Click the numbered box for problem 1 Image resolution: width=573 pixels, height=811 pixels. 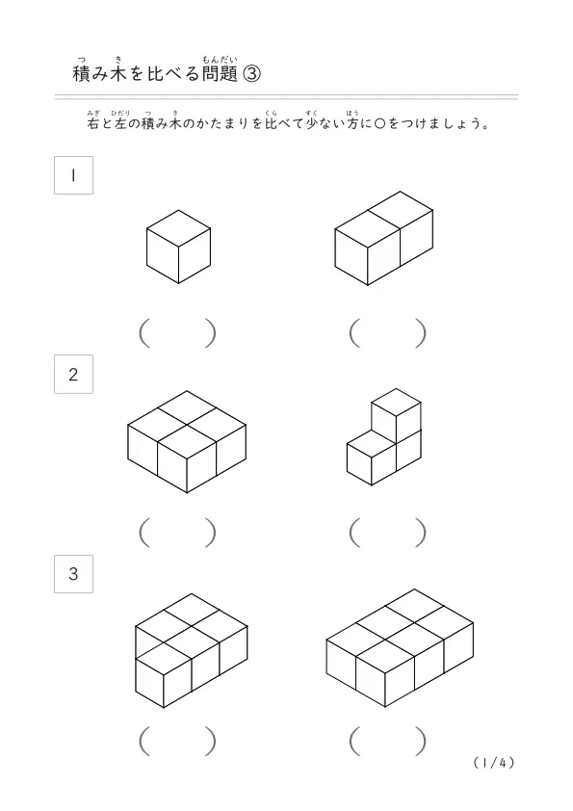pos(73,175)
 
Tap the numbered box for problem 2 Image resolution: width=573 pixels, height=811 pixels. pos(73,374)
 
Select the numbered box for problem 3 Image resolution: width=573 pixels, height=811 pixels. pos(73,574)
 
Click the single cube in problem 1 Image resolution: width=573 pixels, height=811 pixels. pos(178,247)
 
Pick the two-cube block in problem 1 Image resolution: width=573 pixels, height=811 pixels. pos(383,239)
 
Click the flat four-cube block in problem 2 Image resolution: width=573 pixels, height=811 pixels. pos(187,442)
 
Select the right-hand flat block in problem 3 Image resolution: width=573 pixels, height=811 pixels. pos(400,647)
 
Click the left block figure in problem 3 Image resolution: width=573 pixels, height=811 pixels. pos(192,651)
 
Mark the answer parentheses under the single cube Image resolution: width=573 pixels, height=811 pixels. pos(177,333)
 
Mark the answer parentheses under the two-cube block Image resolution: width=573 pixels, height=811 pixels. pos(388,333)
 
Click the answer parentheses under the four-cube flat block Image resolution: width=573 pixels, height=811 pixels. pos(177,533)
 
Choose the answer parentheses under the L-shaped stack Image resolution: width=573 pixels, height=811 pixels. pos(388,533)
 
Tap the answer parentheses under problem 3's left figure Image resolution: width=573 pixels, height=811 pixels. pos(177,742)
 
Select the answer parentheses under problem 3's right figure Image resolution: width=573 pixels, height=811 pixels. pos(388,742)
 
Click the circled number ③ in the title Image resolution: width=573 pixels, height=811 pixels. pos(251,74)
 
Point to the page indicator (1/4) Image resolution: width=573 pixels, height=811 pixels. pos(494,763)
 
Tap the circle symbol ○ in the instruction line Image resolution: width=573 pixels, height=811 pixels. pos(379,124)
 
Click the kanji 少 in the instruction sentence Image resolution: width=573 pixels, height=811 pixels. pos(312,123)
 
